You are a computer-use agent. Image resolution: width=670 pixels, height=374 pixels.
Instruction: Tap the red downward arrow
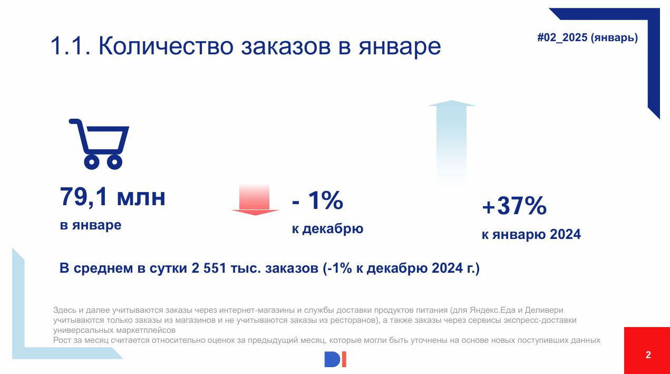255,200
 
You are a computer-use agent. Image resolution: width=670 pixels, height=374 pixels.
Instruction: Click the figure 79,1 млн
112,197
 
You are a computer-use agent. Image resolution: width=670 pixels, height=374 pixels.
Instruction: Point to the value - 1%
317,200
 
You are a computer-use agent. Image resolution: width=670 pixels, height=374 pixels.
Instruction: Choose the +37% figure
514,206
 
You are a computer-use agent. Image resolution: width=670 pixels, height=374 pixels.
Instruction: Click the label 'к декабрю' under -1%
327,229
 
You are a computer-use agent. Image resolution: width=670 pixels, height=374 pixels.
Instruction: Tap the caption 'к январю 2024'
531,234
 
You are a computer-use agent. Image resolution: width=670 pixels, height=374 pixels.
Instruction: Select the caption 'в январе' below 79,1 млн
91,225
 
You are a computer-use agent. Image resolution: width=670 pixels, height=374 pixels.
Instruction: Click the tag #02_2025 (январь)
587,37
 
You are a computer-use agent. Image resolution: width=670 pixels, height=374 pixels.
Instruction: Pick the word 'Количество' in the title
166,46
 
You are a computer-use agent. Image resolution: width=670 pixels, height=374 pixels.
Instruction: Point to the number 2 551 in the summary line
208,268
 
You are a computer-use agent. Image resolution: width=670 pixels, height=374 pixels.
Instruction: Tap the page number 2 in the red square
648,355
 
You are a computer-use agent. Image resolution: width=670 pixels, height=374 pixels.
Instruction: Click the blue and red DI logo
335,359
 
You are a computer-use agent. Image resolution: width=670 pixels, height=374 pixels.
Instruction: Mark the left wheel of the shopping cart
92,162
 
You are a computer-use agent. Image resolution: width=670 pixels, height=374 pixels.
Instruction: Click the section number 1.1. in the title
70,46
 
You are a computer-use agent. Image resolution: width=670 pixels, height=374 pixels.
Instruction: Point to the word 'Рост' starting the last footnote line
62,340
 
